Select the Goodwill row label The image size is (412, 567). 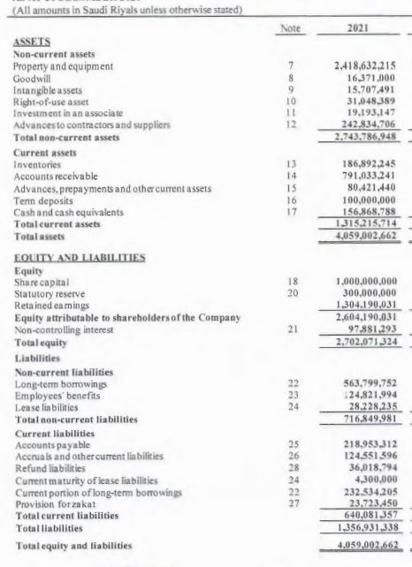tap(33, 78)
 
